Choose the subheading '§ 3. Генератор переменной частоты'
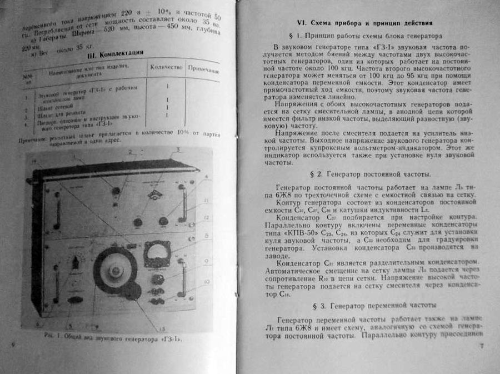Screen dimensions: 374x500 coord(367,306)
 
